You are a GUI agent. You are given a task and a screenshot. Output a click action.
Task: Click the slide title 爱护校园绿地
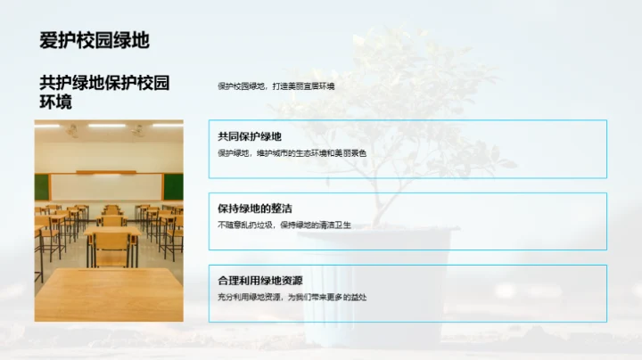pyautogui.click(x=95, y=40)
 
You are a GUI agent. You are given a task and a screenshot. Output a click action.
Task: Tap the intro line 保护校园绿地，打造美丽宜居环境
pyautogui.click(x=276, y=86)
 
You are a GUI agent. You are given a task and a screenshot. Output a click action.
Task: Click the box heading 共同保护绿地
pyautogui.click(x=249, y=136)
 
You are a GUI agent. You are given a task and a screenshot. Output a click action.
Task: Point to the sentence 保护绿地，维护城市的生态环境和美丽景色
pyautogui.click(x=292, y=153)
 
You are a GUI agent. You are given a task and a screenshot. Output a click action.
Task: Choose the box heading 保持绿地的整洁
pyautogui.click(x=255, y=209)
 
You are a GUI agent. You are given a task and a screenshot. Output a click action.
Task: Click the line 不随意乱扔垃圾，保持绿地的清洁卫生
pyautogui.click(x=284, y=225)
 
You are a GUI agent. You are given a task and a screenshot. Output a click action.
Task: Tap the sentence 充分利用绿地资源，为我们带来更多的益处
pyautogui.click(x=292, y=297)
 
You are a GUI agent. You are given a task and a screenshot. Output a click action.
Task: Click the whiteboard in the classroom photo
pyautogui.click(x=107, y=185)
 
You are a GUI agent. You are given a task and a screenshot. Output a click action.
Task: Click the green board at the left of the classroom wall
pyautogui.click(x=41, y=186)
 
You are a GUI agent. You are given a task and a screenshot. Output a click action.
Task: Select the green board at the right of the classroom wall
pyautogui.click(x=174, y=185)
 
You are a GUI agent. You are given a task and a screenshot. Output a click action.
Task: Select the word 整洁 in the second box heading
pyautogui.click(x=280, y=209)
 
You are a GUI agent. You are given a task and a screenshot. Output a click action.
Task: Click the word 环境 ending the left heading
pyautogui.click(x=55, y=102)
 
